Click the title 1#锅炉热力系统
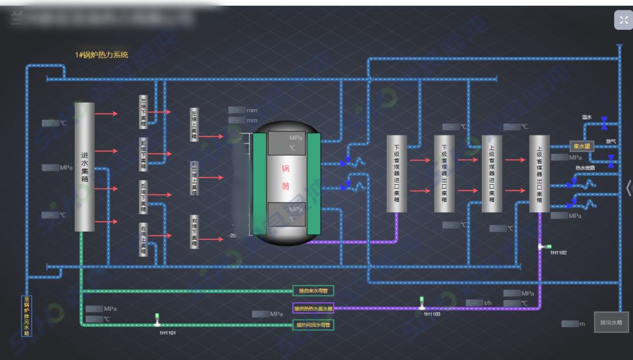101,55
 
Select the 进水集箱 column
84,167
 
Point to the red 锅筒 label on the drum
286,178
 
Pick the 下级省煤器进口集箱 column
397,174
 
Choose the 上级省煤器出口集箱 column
539,174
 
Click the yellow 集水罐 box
582,147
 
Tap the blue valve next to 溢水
604,123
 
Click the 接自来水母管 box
313,291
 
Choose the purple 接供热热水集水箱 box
313,308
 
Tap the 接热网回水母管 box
313,325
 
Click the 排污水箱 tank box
611,322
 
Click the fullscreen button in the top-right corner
623,20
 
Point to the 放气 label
611,141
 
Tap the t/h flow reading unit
488,303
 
